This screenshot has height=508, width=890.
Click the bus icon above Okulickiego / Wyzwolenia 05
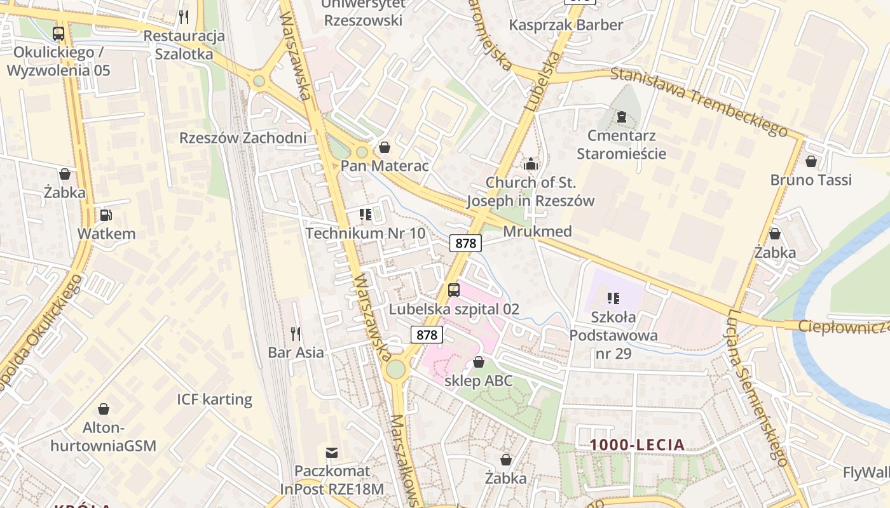[58, 34]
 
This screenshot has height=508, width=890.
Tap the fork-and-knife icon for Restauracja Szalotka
[184, 17]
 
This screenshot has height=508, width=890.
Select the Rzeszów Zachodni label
[243, 138]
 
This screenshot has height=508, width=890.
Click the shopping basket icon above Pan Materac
[385, 148]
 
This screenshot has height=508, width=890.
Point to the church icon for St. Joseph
[531, 164]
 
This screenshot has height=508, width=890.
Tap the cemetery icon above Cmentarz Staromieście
[621, 117]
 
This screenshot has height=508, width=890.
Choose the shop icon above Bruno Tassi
[811, 162]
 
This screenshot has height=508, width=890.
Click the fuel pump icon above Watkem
[106, 215]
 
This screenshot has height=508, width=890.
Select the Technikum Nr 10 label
[366, 233]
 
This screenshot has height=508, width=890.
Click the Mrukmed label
[537, 231]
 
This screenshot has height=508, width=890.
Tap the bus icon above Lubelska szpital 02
[454, 290]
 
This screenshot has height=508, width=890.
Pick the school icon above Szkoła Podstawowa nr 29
[613, 298]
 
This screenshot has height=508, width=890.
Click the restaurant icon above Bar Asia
[296, 333]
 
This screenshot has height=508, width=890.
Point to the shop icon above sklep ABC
[479, 362]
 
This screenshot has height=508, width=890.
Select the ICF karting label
[214, 399]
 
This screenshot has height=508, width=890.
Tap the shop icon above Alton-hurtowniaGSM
[104, 409]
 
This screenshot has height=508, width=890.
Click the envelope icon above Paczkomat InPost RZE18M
[332, 453]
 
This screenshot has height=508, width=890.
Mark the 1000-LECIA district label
[637, 445]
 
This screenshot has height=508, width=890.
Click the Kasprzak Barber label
[566, 25]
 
